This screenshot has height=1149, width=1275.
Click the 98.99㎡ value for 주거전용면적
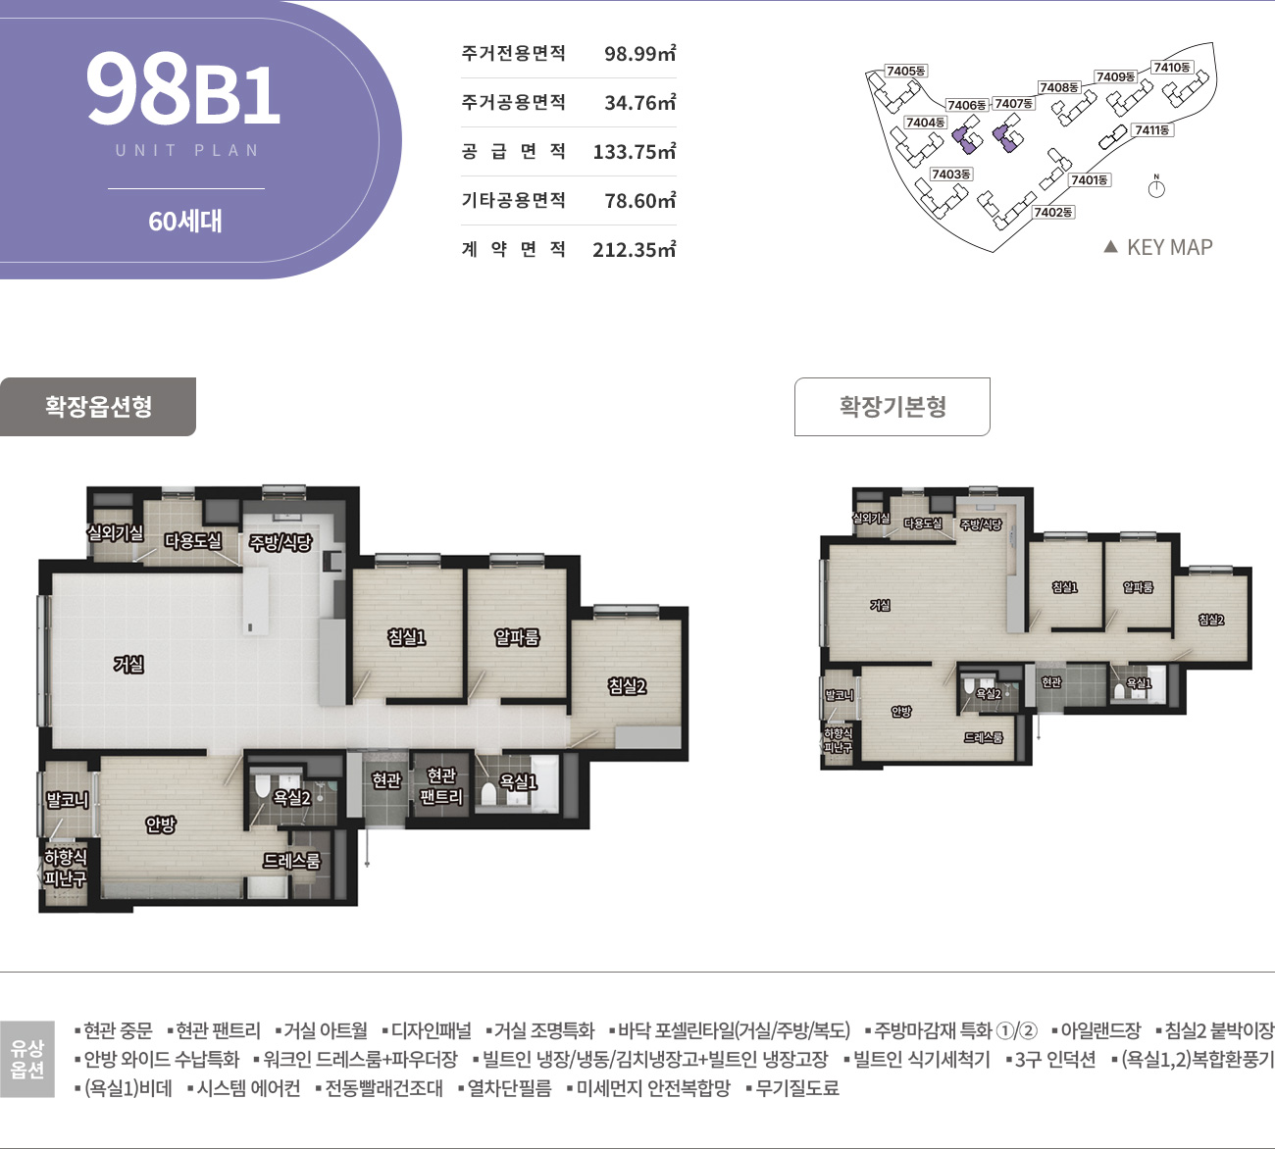(x=639, y=54)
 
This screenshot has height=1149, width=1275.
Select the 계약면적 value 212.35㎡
(x=634, y=250)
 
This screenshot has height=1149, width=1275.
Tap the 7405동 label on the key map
(x=905, y=71)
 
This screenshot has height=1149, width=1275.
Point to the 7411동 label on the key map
(x=1152, y=129)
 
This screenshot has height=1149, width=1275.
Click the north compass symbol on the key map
(x=1156, y=187)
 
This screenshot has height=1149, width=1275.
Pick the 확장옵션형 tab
(x=98, y=406)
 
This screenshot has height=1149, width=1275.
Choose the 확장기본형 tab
(x=892, y=406)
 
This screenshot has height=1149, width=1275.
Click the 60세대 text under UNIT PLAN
(x=185, y=222)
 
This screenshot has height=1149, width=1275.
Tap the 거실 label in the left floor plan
(x=128, y=665)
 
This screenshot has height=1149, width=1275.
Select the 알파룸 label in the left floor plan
(x=517, y=637)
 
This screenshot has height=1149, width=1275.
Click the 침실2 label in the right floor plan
(x=1211, y=620)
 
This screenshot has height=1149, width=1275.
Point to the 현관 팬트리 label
(x=441, y=786)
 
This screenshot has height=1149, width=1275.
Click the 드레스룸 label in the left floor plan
(x=291, y=861)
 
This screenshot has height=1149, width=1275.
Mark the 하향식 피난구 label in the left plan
(x=65, y=869)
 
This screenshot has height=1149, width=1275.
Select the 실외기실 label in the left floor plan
(x=116, y=532)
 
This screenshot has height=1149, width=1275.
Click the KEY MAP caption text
(x=1169, y=247)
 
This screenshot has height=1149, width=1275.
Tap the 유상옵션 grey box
(x=27, y=1060)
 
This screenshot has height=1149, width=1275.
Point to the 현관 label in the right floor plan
(x=1050, y=681)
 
